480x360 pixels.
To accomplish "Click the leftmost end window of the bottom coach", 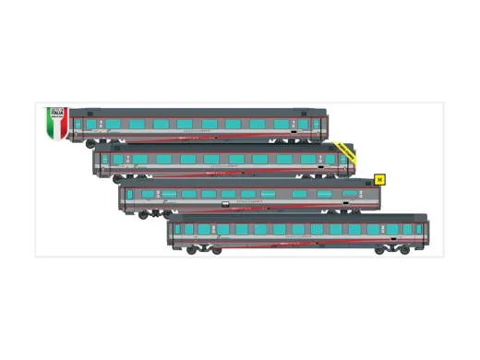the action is (177, 229).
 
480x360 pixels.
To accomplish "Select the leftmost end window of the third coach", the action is (129, 194).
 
